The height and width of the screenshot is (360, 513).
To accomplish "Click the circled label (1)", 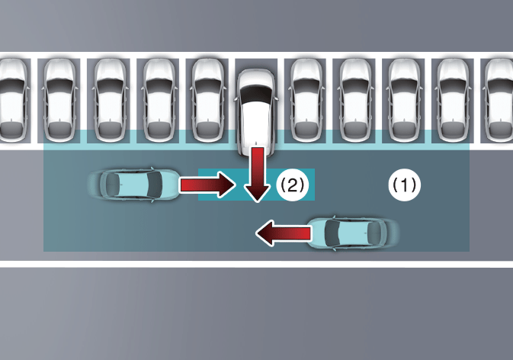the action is point(405,185).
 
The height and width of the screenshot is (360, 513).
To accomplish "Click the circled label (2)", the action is point(292,185).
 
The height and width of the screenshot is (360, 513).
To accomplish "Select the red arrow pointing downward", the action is point(258,175).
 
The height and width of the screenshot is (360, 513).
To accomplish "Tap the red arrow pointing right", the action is point(207,185).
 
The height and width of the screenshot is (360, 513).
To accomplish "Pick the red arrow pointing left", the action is point(284,233).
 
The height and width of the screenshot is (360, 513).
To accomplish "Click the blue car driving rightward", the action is point(134,185).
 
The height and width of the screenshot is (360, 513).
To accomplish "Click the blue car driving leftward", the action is point(354,233).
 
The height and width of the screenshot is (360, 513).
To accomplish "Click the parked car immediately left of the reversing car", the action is point(208,100).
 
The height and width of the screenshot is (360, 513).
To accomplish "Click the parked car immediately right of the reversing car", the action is point(306,100).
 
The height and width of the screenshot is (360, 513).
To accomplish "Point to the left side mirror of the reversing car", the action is point(236,98).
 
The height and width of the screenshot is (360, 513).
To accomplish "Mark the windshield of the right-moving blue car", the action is point(155,185).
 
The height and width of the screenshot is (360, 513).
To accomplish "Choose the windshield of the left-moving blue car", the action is point(333,233).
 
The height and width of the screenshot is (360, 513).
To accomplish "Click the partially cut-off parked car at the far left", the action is point(12,100).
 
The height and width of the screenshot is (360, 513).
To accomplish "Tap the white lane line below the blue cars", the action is point(256,264).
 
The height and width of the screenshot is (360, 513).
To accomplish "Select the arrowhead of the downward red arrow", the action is point(258,194).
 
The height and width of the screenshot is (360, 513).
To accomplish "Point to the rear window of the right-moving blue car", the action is point(113,185).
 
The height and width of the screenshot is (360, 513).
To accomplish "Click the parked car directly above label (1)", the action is point(405,100).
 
